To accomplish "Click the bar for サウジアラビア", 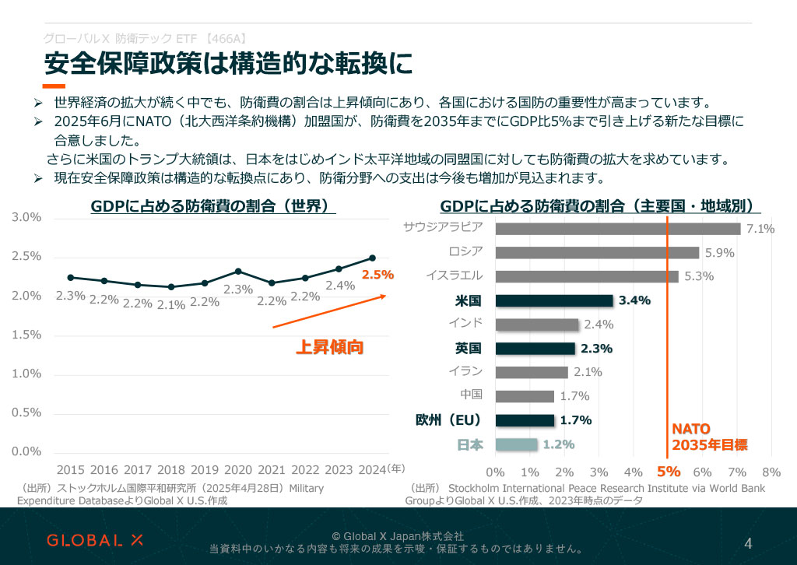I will point(618,229).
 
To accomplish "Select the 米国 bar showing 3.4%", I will point(554,300).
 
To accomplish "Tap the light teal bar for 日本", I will point(516,444).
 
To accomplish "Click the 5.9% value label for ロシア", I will point(719,253).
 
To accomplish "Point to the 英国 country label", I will point(469,348).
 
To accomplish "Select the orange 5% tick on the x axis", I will point(668,472).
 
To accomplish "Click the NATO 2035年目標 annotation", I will point(709,437).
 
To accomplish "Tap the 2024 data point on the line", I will point(372,258).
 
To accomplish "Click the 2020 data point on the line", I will point(238,272).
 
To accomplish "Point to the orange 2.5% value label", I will point(378,275).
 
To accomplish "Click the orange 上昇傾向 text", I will point(329,347).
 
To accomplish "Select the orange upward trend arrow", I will point(329,311).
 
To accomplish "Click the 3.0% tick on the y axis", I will point(27,217).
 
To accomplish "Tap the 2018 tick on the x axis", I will point(171,470).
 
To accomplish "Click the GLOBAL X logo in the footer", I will point(95,540).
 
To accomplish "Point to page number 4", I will point(748,542).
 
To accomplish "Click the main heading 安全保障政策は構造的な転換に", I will point(227,64).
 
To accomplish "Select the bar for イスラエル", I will point(587,276).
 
